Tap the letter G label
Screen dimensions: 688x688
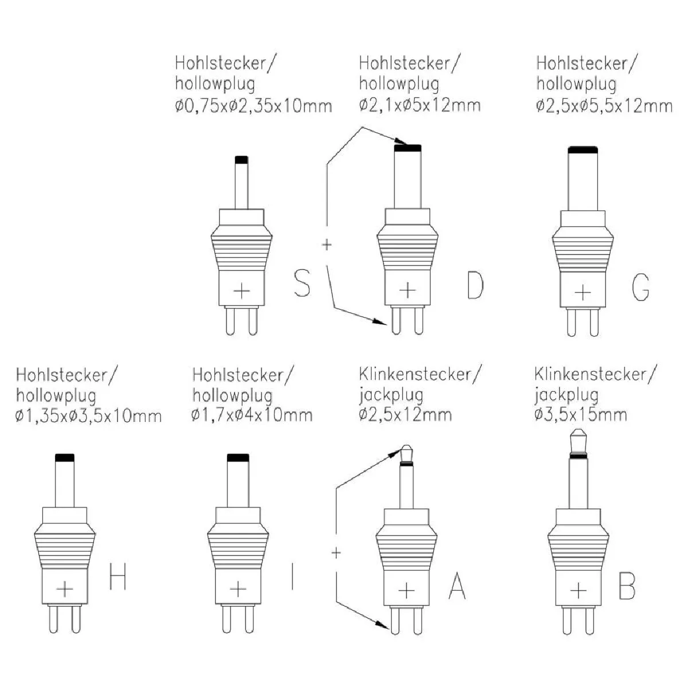pyautogui.click(x=640, y=287)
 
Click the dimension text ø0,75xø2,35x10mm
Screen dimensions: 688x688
pyautogui.click(x=253, y=105)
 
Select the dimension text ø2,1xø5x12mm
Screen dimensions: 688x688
pyautogui.click(x=420, y=105)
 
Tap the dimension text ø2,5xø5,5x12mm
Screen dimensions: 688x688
pyautogui.click(x=604, y=105)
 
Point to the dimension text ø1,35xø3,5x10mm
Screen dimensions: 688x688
pyautogui.click(x=89, y=415)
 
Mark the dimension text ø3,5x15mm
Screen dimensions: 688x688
pyautogui.click(x=580, y=414)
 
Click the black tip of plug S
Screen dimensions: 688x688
pyautogui.click(x=241, y=159)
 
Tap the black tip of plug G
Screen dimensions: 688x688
pyautogui.click(x=583, y=150)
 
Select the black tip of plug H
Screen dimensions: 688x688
pyautogui.click(x=64, y=458)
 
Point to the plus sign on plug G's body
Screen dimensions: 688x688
pyautogui.click(x=583, y=292)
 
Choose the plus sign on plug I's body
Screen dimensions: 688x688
pyautogui.click(x=237, y=589)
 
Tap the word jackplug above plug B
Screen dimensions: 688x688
pyautogui.click(x=566, y=394)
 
